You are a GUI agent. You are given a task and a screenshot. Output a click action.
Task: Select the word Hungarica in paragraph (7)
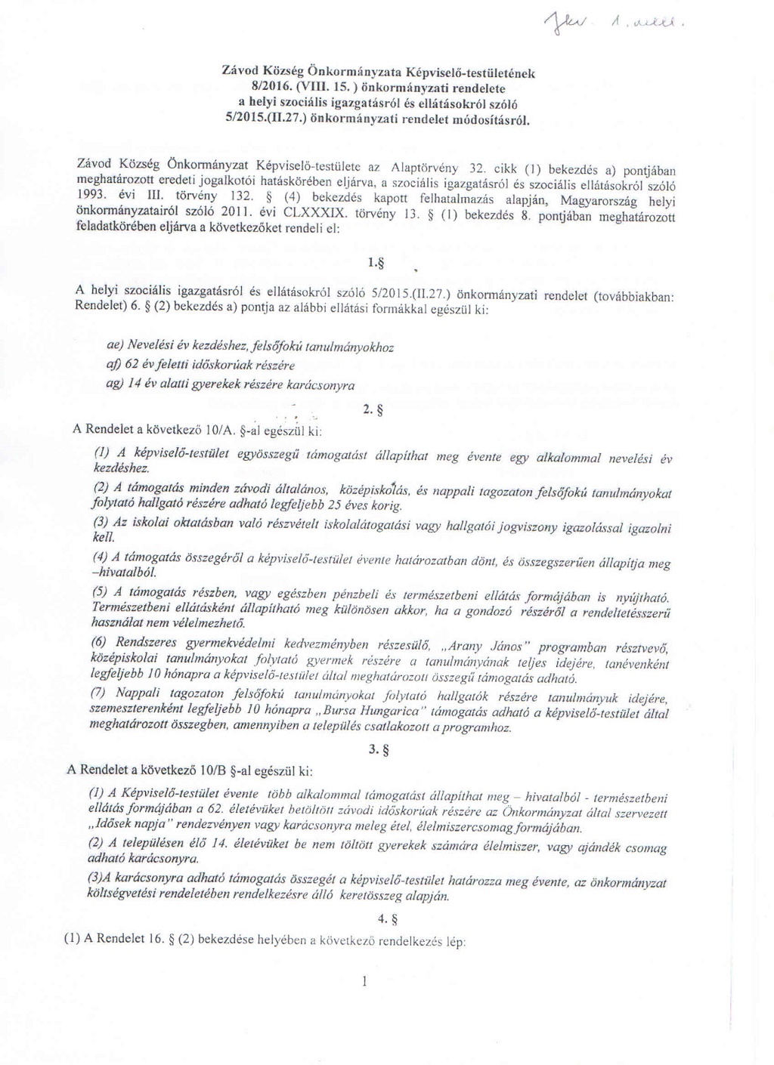pyautogui.click(x=389, y=712)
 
